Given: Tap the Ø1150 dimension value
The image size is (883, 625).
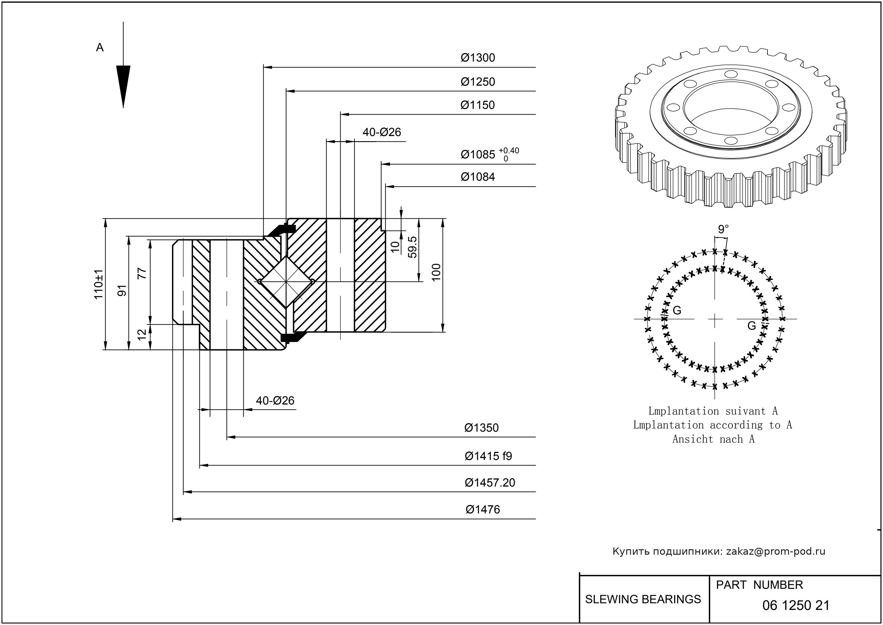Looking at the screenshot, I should [477, 105].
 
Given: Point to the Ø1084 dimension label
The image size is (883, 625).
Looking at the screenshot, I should [478, 177].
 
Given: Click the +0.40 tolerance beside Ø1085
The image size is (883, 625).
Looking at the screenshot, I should [509, 151].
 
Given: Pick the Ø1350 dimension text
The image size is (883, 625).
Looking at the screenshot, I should [481, 428].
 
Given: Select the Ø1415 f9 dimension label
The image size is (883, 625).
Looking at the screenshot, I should [488, 456].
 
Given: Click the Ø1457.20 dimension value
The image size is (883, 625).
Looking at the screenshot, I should [490, 483].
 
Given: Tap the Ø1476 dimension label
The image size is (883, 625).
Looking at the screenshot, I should [482, 509].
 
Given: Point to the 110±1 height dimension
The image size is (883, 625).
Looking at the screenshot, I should [99, 284].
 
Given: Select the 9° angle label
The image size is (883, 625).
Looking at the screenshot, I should [723, 229].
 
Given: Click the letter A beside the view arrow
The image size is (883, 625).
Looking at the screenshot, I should [100, 48].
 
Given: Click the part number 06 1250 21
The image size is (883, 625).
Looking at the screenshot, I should [796, 605].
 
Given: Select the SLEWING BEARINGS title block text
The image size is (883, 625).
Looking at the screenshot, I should [643, 599].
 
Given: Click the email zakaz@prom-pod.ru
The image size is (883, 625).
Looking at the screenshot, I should [775, 551].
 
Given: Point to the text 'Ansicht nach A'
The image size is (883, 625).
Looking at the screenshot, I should [713, 439].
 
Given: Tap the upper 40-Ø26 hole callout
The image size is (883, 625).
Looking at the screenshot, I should [381, 132].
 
